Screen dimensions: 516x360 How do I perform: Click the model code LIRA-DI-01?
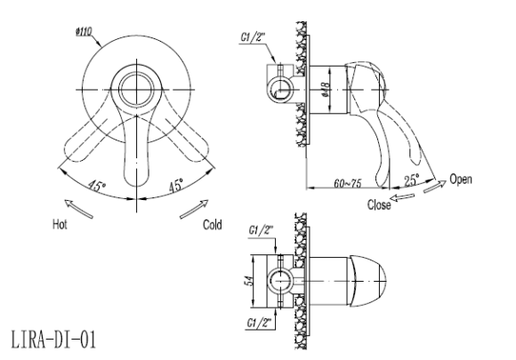(x=53, y=340)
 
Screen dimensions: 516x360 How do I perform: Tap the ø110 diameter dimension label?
(x=84, y=32)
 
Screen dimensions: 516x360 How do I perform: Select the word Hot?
(x=60, y=225)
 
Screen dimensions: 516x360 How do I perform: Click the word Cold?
(x=213, y=225)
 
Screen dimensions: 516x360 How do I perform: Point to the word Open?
(x=461, y=180)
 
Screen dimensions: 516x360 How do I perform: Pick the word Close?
(x=379, y=204)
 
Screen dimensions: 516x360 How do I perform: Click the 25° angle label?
(x=412, y=180)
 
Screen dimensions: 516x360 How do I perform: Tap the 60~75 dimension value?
(x=348, y=183)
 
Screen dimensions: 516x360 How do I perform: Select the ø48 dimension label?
(x=326, y=90)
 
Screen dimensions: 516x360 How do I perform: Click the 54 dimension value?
(x=249, y=280)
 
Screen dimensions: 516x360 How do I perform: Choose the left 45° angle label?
(x=96, y=186)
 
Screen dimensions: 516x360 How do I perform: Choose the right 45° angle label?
(x=176, y=186)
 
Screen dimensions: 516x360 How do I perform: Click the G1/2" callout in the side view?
(x=253, y=38)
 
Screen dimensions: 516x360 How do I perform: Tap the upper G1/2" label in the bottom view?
(x=261, y=230)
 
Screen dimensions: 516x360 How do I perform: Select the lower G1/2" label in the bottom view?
(x=261, y=324)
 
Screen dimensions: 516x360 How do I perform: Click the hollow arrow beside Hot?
(x=78, y=208)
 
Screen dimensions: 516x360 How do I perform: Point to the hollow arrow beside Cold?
(x=194, y=209)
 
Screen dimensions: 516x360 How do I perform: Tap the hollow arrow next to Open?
(x=435, y=186)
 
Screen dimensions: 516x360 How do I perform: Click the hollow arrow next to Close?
(x=402, y=197)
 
